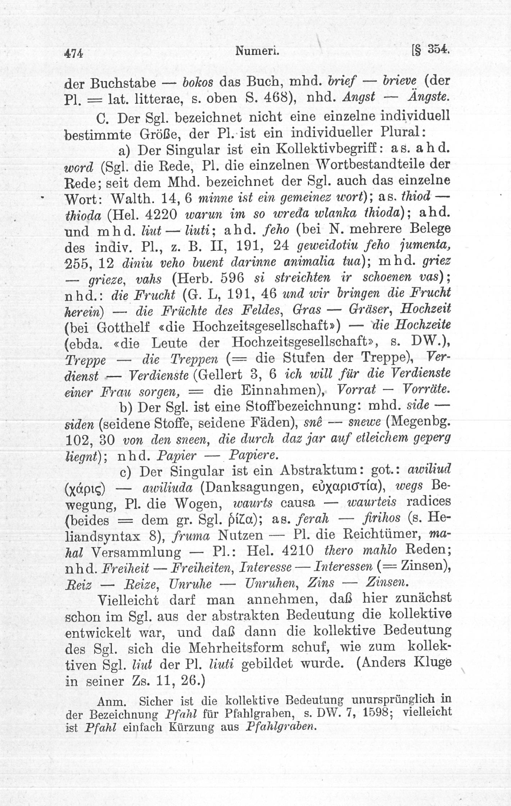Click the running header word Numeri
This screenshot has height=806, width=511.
tap(257, 51)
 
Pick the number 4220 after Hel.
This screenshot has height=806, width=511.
tap(161, 214)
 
